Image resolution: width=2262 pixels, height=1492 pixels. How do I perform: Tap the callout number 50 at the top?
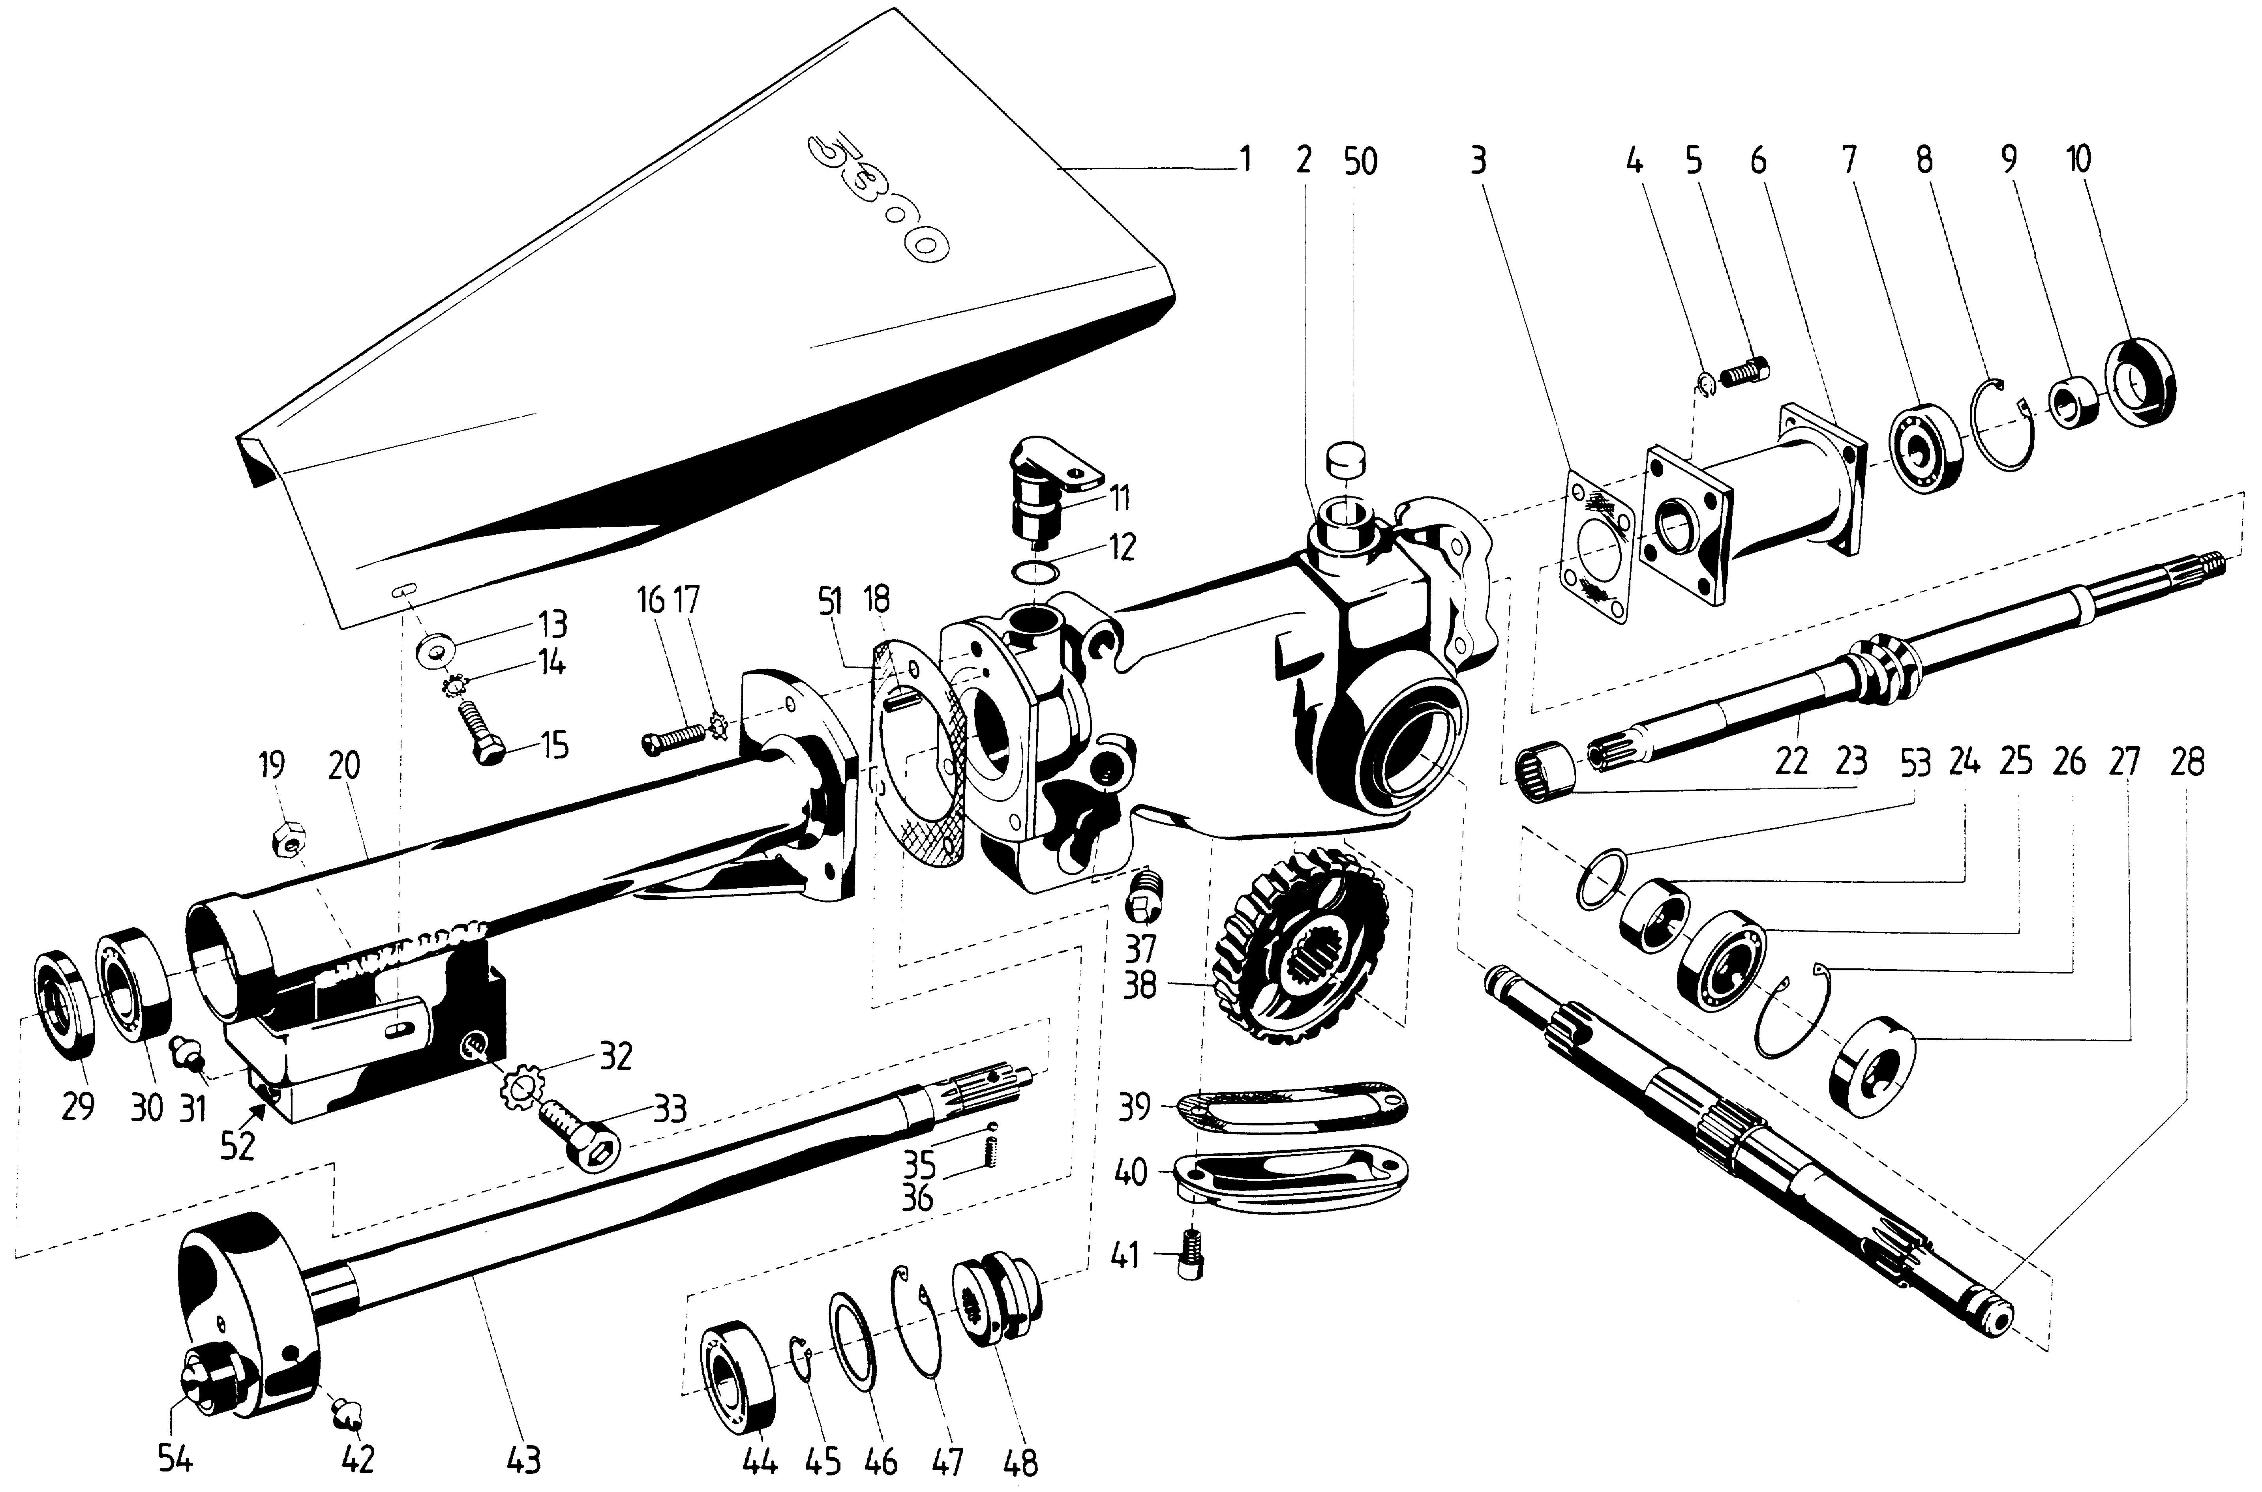(1361, 162)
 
